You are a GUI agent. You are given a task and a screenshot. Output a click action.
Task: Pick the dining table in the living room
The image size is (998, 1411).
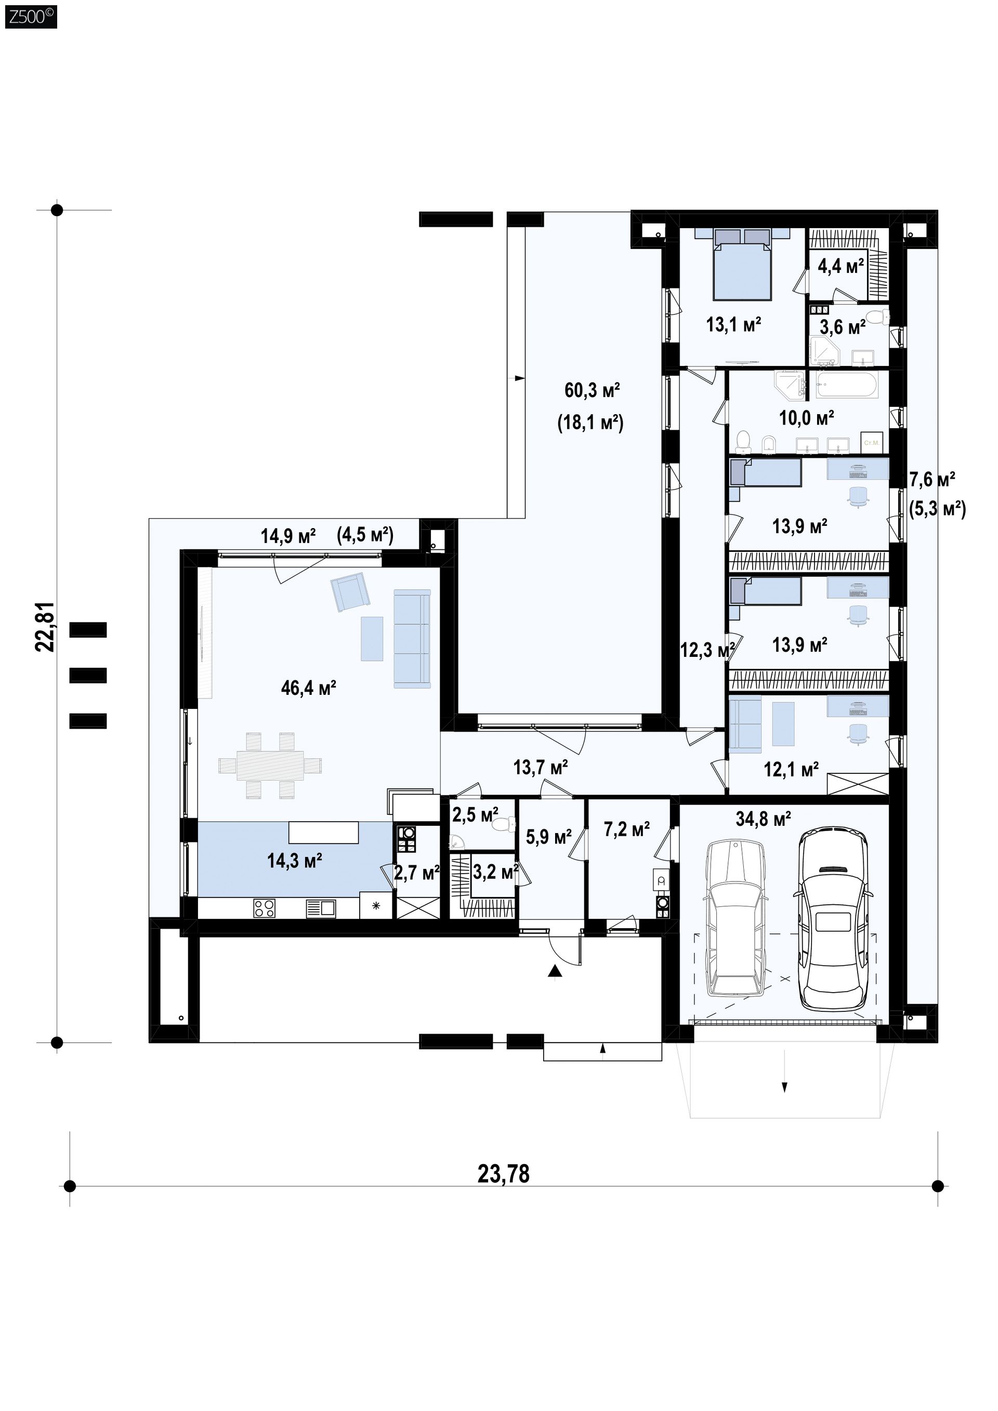click(270, 766)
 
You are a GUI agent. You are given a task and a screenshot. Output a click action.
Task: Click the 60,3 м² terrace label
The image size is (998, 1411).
click(592, 390)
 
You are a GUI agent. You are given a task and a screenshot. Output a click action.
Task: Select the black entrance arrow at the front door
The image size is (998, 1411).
click(555, 970)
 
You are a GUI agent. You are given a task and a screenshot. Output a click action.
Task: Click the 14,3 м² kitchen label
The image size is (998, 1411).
click(294, 860)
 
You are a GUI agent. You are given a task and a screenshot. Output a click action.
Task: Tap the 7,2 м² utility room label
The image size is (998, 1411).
click(627, 829)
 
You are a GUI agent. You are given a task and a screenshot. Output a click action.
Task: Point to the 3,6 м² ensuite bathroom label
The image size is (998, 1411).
click(843, 326)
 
